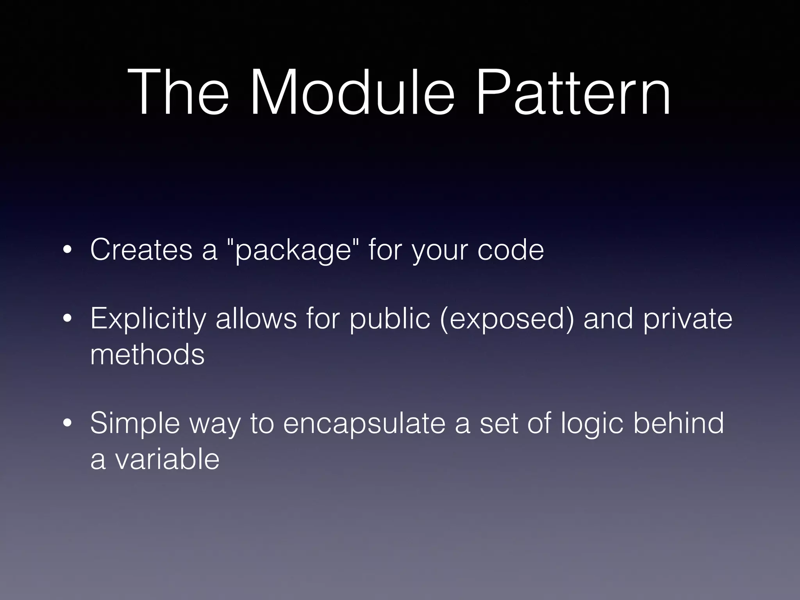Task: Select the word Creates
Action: click(141, 250)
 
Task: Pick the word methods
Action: click(147, 355)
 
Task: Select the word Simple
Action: click(135, 424)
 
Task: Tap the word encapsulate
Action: click(364, 424)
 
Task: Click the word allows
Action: click(256, 318)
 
